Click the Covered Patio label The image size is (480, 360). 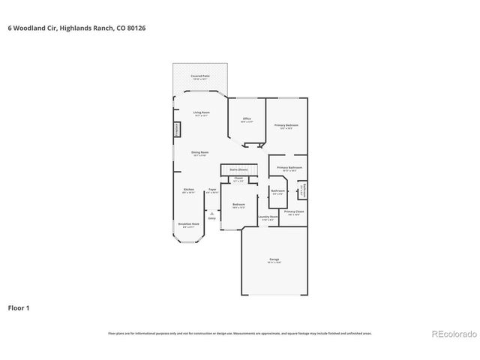pos(200,77)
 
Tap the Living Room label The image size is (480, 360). pos(201,113)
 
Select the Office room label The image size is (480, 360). pos(246,119)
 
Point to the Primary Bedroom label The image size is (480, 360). pos(286,126)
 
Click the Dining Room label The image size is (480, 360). pos(199,153)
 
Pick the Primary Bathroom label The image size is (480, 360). pos(289,169)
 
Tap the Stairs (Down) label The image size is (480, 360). pos(239,169)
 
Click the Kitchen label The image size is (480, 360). pos(189,190)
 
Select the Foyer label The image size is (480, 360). pos(212,190)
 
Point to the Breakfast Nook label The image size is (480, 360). pos(189,224)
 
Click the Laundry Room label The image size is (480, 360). pos(268,217)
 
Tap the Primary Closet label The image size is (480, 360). pos(294,213)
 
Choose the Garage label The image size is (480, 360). pos(274,260)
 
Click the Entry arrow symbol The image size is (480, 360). pos(212,214)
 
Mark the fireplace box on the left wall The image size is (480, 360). pos(177,129)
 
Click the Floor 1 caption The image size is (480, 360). pos(19,307)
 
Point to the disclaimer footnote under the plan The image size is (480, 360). pos(239,333)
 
